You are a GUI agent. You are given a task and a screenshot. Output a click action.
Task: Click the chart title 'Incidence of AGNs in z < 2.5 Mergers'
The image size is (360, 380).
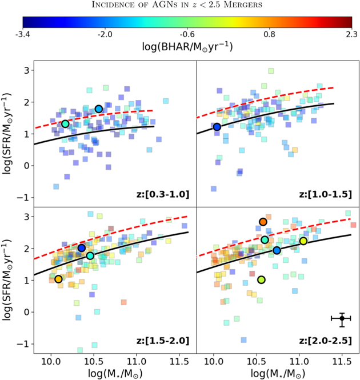[180, 6]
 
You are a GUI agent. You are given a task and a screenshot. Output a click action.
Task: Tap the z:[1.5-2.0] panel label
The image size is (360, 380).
[165, 341]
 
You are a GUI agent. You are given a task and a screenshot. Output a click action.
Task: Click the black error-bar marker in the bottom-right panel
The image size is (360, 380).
[342, 319]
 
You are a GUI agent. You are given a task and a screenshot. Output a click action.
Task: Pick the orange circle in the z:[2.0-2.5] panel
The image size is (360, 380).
[263, 222]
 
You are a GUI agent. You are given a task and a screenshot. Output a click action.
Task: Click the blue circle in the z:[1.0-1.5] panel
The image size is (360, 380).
[217, 127]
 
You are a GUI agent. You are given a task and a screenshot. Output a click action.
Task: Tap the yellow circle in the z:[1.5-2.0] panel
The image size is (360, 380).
[58, 279]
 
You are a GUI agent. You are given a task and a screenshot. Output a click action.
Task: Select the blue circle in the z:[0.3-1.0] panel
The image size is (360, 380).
[98, 109]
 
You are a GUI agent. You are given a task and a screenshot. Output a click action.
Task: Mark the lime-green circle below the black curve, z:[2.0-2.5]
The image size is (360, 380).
[262, 280]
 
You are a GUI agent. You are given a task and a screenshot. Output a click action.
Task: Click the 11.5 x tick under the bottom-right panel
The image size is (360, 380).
[342, 359]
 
